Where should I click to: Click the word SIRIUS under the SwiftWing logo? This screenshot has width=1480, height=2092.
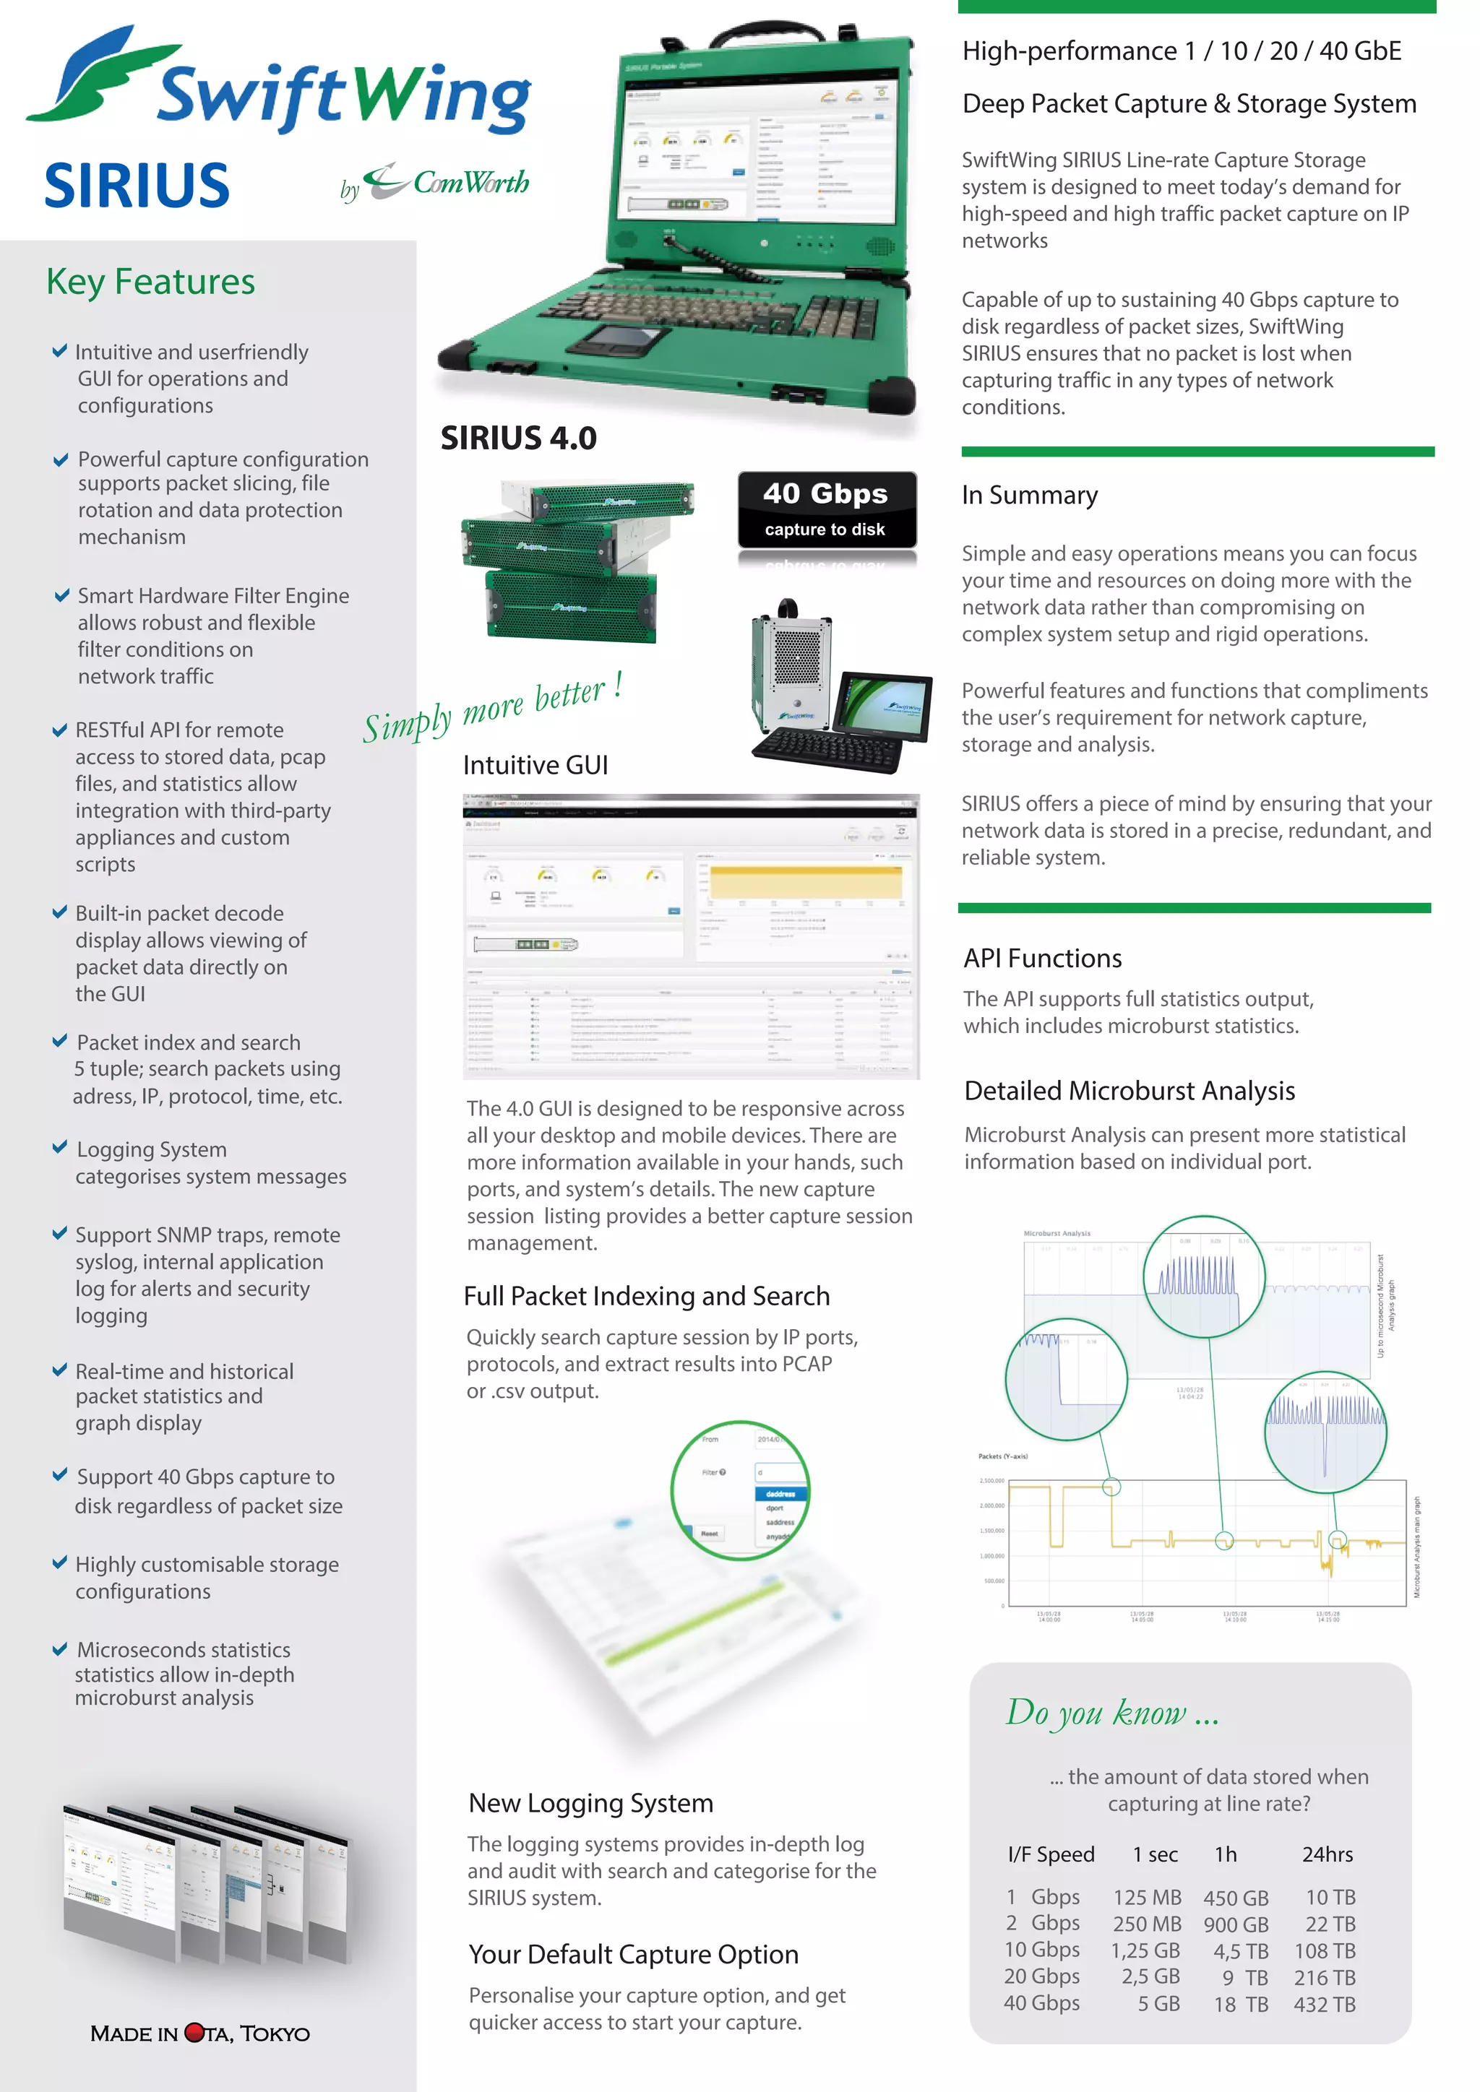[x=137, y=186]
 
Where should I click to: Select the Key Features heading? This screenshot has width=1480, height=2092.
[x=150, y=282]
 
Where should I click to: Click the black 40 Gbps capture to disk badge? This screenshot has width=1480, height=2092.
[x=827, y=509]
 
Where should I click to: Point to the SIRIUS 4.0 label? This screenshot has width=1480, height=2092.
[x=519, y=438]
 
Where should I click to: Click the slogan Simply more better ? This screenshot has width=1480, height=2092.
[x=493, y=709]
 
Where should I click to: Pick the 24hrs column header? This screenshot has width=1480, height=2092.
[x=1327, y=1854]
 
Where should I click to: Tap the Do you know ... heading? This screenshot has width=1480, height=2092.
[x=1112, y=1713]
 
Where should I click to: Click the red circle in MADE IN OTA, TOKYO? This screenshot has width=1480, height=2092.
[x=195, y=2033]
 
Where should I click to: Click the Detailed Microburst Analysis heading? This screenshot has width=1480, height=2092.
[x=1129, y=1091]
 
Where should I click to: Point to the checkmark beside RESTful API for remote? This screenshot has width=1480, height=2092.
[x=60, y=730]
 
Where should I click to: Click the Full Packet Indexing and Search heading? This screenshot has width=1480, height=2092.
[x=646, y=1296]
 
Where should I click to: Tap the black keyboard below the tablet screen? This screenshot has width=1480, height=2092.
[x=825, y=751]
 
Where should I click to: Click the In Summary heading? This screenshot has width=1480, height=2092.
[x=1030, y=495]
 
